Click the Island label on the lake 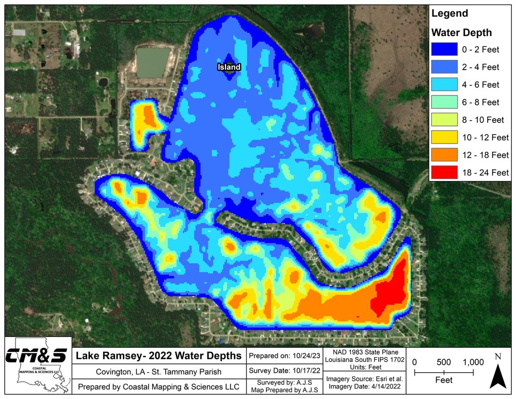point(229,67)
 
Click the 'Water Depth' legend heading point(461,33)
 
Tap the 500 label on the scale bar point(444,362)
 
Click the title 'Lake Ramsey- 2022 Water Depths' point(159,356)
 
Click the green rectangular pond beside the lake point(153,62)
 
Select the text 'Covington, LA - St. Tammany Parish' point(158,372)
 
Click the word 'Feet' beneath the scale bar point(444,380)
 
